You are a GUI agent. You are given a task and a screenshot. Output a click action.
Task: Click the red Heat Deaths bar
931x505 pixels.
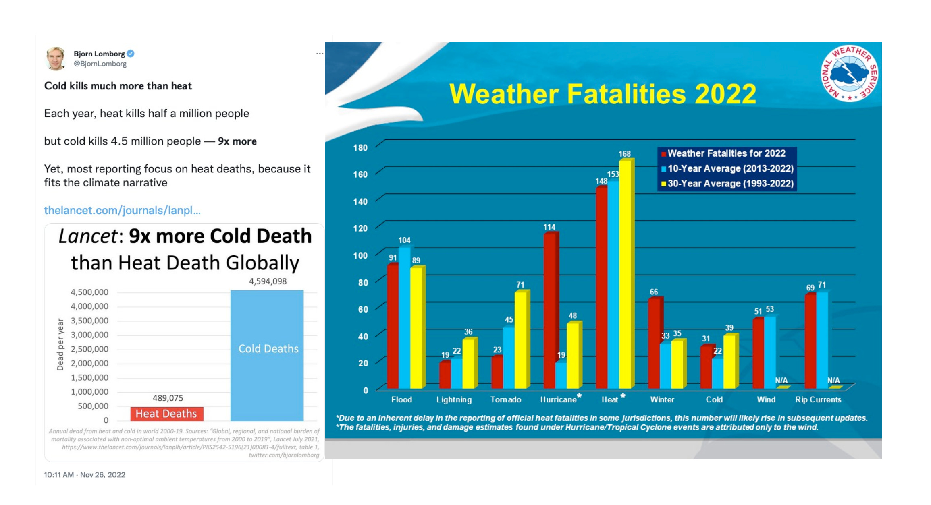click(x=166, y=414)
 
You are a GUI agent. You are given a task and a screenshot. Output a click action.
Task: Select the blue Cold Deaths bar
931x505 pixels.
click(x=267, y=354)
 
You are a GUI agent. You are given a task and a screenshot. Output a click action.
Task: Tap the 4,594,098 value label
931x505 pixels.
click(x=268, y=281)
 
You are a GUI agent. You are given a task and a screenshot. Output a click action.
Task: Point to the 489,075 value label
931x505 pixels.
click(x=168, y=398)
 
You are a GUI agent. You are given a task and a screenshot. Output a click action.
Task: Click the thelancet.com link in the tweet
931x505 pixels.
click(x=122, y=210)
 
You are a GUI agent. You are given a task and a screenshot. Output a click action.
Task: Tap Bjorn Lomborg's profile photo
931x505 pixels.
click(x=56, y=59)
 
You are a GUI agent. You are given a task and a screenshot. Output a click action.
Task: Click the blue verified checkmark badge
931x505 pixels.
click(x=131, y=54)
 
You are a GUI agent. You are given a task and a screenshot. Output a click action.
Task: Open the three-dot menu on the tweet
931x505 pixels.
click(x=320, y=54)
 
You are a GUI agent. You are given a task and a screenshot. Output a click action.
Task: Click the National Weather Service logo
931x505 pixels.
click(x=849, y=73)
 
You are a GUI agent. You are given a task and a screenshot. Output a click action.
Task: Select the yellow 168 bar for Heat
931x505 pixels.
click(x=625, y=274)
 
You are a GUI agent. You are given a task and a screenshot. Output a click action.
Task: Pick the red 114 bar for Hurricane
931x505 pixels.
click(x=549, y=310)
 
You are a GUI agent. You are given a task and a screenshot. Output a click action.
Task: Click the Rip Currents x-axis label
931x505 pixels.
click(x=818, y=399)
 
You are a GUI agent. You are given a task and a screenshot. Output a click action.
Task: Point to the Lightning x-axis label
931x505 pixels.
click(x=454, y=399)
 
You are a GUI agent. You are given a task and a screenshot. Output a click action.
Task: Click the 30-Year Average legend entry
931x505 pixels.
click(x=730, y=184)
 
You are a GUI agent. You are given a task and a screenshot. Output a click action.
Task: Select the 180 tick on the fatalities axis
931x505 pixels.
click(x=360, y=147)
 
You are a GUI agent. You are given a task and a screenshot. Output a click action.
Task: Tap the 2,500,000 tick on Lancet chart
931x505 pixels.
click(x=89, y=349)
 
